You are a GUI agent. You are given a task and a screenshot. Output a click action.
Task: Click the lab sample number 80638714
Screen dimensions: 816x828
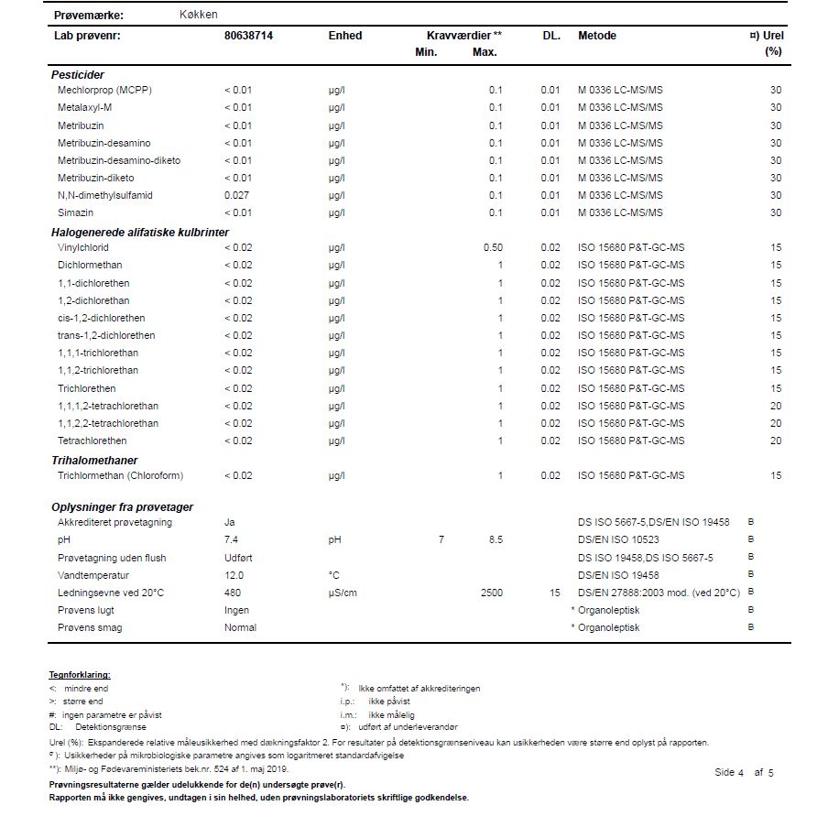click(x=248, y=36)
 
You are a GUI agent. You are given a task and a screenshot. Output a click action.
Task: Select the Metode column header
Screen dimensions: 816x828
click(x=596, y=36)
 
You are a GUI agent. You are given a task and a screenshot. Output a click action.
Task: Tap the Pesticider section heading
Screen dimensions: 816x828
click(x=77, y=74)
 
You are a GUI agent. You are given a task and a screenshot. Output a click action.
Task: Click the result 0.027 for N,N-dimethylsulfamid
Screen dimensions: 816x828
click(x=237, y=195)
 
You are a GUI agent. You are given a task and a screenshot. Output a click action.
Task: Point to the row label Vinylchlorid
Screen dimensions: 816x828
click(x=83, y=248)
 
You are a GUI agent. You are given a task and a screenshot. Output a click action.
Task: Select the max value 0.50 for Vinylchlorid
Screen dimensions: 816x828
click(x=493, y=248)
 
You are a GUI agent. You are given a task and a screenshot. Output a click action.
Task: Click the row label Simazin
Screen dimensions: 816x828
click(x=75, y=212)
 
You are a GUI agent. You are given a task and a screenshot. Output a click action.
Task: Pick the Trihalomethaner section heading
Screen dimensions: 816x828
click(x=94, y=460)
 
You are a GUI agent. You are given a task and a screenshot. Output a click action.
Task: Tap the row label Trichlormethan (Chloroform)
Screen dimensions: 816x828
click(x=120, y=476)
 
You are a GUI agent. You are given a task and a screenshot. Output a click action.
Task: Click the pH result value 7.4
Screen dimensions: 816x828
click(x=231, y=540)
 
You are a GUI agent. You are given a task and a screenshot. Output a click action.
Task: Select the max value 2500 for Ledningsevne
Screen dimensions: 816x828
click(x=491, y=593)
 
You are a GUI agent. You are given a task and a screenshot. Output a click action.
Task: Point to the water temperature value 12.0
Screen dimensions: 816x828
click(x=234, y=575)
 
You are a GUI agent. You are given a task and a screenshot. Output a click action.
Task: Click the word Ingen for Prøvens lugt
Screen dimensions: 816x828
click(x=236, y=610)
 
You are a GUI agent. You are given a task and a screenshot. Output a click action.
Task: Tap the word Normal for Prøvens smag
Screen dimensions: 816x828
click(x=240, y=627)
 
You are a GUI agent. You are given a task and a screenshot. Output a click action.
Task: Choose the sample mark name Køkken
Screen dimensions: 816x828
click(x=199, y=15)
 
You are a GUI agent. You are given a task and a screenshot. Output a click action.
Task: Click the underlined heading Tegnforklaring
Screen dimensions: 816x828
click(x=80, y=675)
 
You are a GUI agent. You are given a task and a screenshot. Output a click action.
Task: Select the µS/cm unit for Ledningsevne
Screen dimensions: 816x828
click(x=343, y=593)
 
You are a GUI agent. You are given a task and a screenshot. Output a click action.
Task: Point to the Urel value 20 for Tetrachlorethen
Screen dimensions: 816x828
click(x=776, y=441)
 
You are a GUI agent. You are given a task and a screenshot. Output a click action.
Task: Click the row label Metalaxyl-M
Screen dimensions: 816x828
click(x=84, y=107)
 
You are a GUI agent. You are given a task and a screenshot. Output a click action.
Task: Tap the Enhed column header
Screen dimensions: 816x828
click(x=344, y=36)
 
